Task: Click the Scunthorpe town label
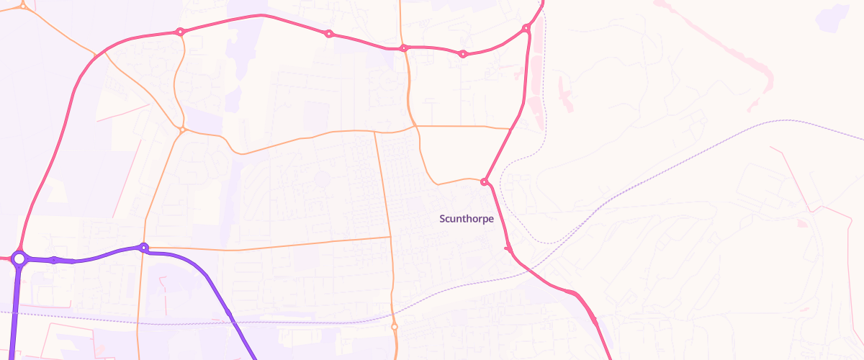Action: coord(467,219)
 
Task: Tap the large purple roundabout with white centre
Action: coord(19,258)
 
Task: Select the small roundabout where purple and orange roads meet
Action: coord(144,248)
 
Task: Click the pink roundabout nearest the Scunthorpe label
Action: coord(485,181)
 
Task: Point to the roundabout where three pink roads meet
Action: coord(526,29)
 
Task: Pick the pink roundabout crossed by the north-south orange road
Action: coord(404,48)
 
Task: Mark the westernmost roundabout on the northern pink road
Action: coord(180,32)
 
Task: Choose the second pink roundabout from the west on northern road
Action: coord(329,34)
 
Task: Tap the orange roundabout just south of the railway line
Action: coord(395,327)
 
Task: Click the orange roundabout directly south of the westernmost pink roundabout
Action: coord(183,130)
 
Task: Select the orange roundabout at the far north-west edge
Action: coord(23,5)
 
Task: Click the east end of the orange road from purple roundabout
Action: coord(390,237)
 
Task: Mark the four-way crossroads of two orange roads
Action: coord(374,132)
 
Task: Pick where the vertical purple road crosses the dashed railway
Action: coord(14,313)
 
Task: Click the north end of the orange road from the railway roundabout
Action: coord(374,132)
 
